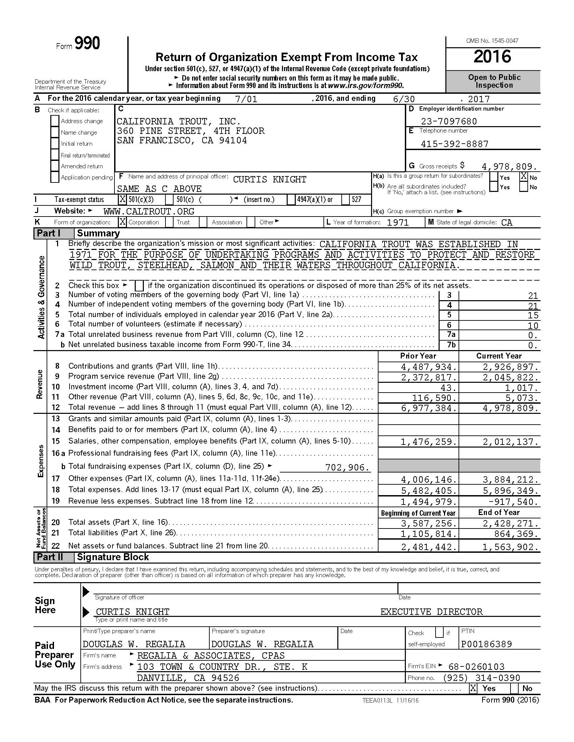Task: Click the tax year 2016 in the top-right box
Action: [x=492, y=57]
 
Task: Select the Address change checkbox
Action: [x=55, y=121]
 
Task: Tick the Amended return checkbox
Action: [x=55, y=166]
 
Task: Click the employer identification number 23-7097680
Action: [x=449, y=121]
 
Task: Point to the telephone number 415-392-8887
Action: [x=454, y=144]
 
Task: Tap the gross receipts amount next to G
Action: [x=509, y=167]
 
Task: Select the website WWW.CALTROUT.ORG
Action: [x=149, y=212]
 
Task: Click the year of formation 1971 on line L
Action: [x=397, y=223]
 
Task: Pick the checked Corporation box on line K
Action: [x=122, y=222]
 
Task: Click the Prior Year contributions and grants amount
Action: [x=429, y=367]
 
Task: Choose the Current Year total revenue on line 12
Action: [x=511, y=408]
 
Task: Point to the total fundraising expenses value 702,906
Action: [x=347, y=468]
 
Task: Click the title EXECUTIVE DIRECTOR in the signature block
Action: [x=431, y=612]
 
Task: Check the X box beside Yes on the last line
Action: [x=473, y=688]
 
